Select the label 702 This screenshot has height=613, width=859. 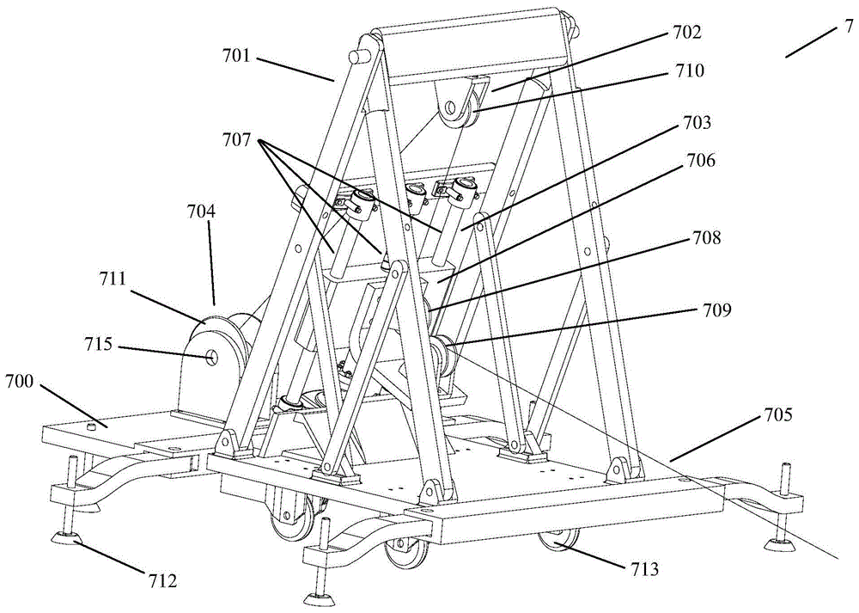[688, 34]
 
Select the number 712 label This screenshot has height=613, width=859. [161, 581]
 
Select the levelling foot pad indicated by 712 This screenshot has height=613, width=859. [65, 539]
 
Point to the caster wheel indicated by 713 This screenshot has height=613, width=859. [557, 543]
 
